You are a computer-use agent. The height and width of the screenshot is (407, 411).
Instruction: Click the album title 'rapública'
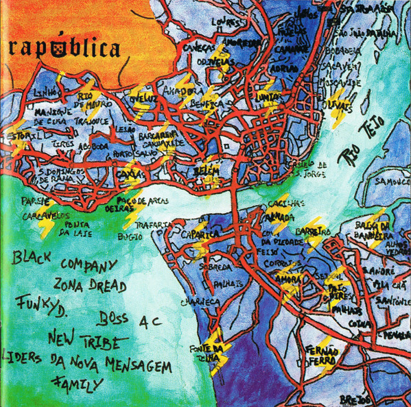(x=65, y=48)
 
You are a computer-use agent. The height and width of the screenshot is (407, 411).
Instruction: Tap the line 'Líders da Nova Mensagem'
(x=87, y=363)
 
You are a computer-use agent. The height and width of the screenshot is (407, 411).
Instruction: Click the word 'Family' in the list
(x=75, y=383)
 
